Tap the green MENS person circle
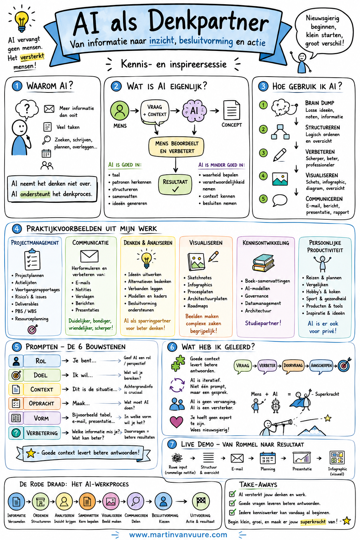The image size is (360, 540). pos(120,111)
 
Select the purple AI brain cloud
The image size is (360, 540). pos(194,111)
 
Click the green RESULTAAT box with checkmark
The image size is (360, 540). pos(175,185)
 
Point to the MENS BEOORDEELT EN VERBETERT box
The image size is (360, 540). pos(176,147)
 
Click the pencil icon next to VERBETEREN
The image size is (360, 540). pos(280,155)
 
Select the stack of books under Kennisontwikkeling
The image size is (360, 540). pos(263,263)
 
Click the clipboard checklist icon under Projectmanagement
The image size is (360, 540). pos(32,260)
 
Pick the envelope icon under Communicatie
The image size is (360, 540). pos(89,256)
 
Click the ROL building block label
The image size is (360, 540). pos(41,361)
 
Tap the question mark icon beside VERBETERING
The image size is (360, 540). pos(16,433)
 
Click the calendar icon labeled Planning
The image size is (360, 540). pos(268,458)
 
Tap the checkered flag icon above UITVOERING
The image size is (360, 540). pos(201,502)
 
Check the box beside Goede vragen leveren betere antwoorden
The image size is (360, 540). pos(232,503)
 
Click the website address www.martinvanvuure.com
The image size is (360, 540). pos(178,534)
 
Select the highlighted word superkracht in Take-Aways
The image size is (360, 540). pos(313,522)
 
